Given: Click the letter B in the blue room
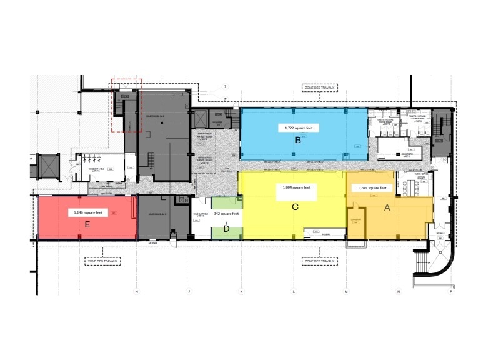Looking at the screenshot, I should tap(298, 141).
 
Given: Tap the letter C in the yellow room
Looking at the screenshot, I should tap(295, 206).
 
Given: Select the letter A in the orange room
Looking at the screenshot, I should tap(387, 208).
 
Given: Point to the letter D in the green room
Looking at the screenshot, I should tap(226, 229).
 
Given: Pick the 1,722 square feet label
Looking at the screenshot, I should tap(298, 127).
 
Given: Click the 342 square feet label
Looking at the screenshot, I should tap(226, 213).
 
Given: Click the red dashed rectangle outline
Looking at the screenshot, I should tap(127, 105).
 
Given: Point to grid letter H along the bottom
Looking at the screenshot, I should tap(136, 292).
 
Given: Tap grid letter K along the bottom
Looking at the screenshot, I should tap(241, 292).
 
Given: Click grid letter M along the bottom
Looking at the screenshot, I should tap(346, 292).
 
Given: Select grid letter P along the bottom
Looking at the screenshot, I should tap(450, 292).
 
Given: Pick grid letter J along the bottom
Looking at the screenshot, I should tap(189, 292).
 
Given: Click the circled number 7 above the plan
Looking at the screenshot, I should tap(226, 85).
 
